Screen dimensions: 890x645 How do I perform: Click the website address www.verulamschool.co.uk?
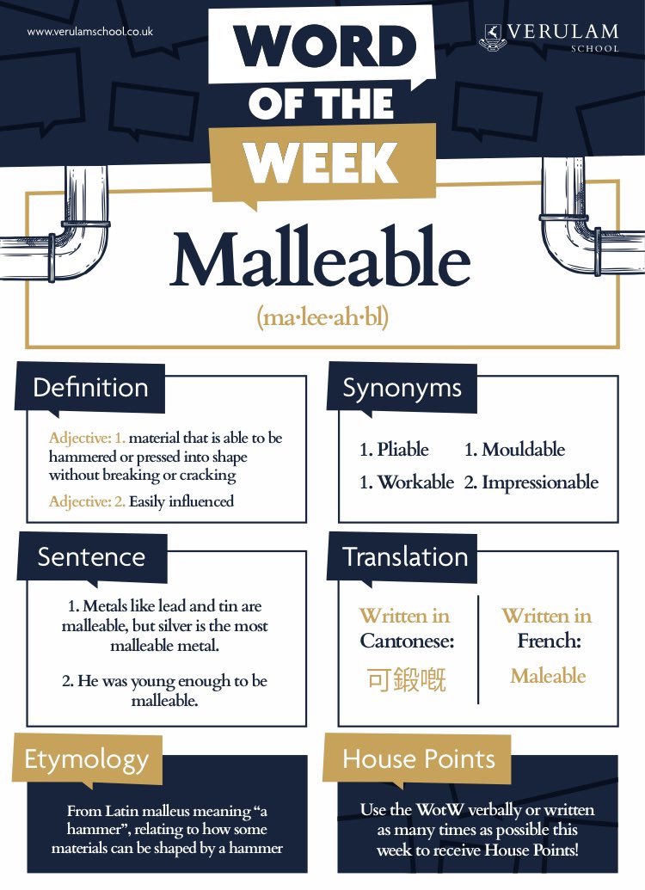coord(90,32)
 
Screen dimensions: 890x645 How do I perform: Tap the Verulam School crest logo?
coord(494,37)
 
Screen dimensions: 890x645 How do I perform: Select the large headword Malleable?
coord(321,261)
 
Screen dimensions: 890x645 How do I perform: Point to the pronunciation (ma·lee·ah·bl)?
coord(322,317)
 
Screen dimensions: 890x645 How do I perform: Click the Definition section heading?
coord(90,388)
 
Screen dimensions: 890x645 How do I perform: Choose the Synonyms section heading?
coord(402,388)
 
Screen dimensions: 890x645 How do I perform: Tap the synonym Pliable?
coord(394,450)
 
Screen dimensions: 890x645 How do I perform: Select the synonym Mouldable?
coord(514,450)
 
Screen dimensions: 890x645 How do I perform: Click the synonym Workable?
coord(406,482)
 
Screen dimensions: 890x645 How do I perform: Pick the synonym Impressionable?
coord(531,482)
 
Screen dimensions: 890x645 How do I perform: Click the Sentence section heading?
coord(91,557)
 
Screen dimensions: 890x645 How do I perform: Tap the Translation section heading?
coord(405,557)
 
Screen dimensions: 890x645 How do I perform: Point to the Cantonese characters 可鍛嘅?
coord(407,680)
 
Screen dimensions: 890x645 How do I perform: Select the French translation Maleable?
coord(548,676)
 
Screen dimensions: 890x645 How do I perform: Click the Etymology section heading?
coord(86,759)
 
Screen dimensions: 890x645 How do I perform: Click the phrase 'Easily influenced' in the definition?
coord(181,501)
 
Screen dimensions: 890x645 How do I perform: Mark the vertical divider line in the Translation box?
coord(478,649)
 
